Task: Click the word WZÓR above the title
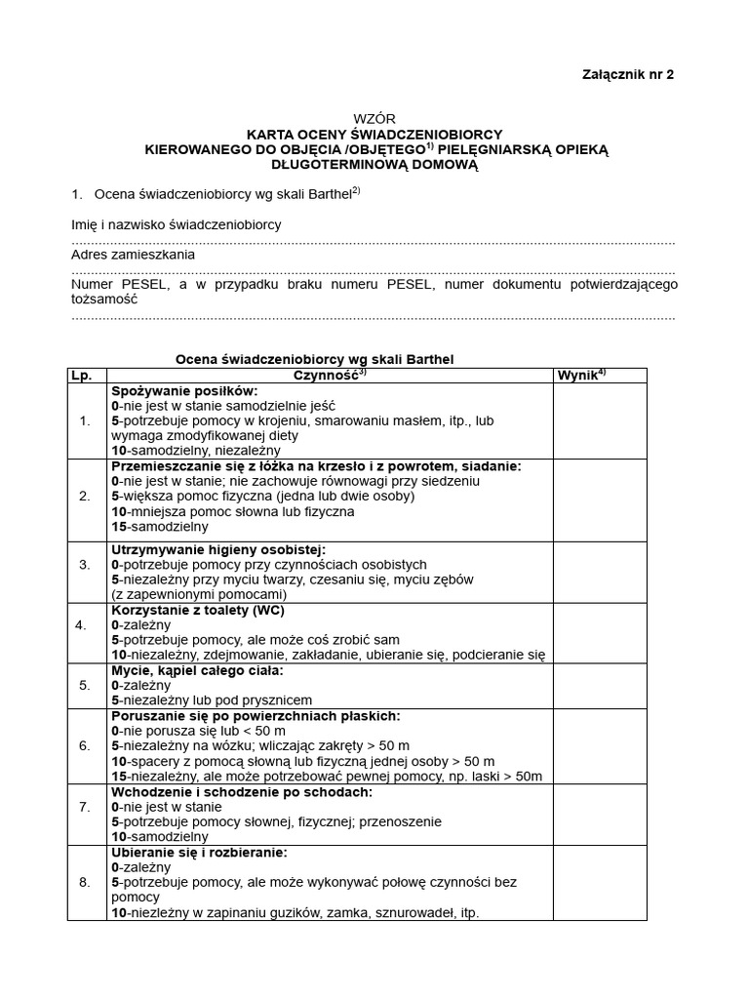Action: coord(374,118)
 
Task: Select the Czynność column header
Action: coord(331,376)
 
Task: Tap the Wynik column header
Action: coord(581,376)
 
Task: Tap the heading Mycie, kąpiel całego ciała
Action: coord(197,670)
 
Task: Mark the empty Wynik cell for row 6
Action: coord(599,746)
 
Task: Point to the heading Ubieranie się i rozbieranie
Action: coord(199,852)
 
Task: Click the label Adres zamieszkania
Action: coord(134,255)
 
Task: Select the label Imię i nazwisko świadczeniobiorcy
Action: coord(177,224)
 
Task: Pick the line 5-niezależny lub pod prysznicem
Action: coord(212,700)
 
